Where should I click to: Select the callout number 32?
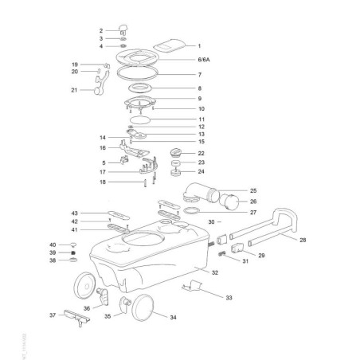point(214,272)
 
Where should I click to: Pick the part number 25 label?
point(252,191)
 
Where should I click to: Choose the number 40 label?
point(75,244)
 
